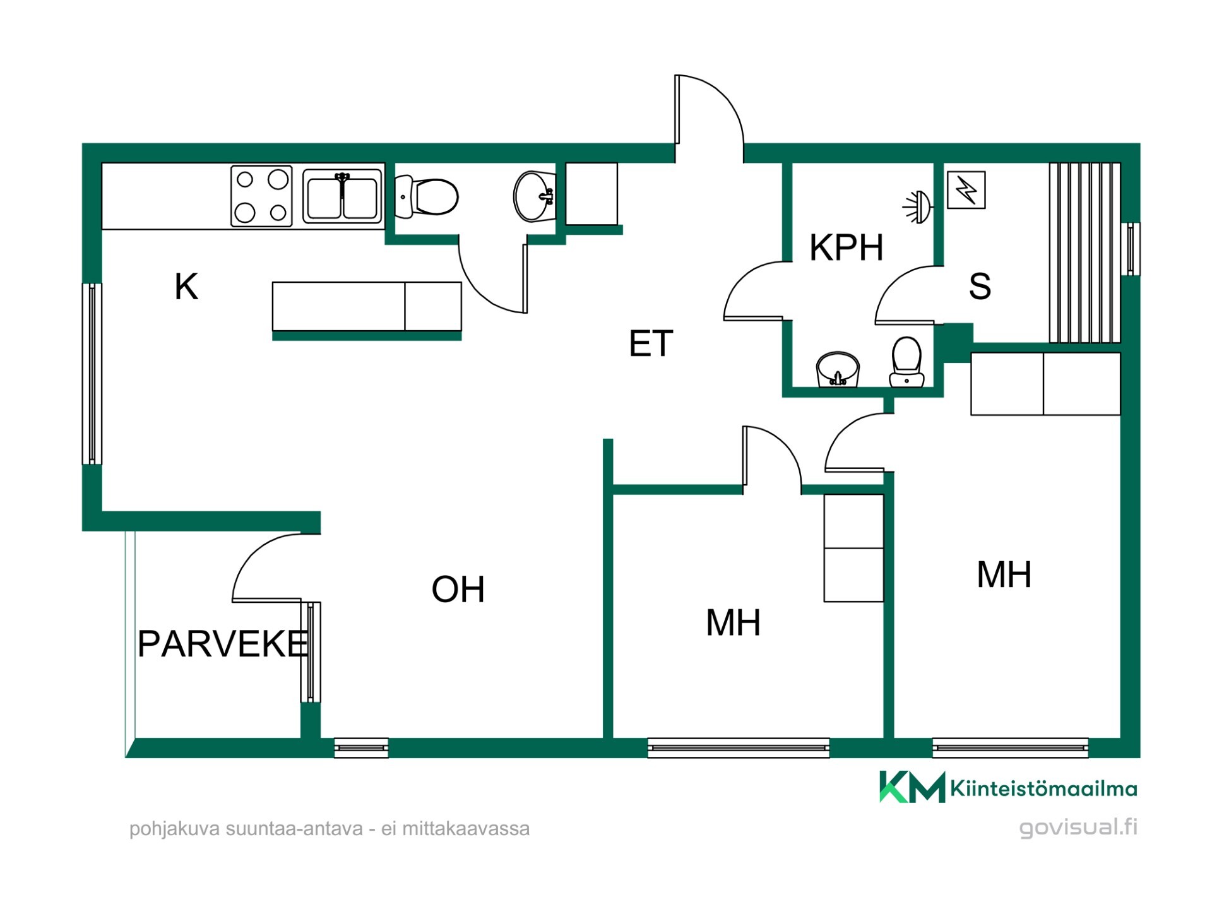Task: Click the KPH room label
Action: [846, 247]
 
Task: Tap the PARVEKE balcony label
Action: [223, 644]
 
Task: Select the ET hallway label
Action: [651, 344]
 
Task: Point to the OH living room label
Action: [458, 589]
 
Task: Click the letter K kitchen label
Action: [186, 287]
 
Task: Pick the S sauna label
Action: [980, 287]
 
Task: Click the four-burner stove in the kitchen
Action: [261, 196]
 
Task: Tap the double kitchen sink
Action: [343, 196]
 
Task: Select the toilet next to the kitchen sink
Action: [426, 197]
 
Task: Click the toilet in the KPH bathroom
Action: [906, 362]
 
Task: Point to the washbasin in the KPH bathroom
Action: [838, 369]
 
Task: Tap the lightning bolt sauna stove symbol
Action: [966, 190]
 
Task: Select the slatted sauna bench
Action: [1084, 252]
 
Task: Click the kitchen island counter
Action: [367, 307]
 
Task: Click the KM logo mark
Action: [912, 787]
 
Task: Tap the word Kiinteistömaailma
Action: [1043, 788]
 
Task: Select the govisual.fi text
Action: [1078, 828]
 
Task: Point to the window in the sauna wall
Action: [1131, 249]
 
